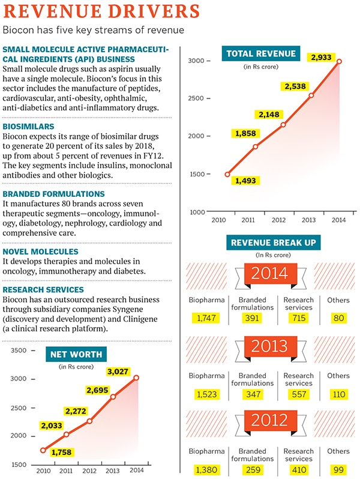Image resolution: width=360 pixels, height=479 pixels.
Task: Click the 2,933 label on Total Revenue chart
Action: click(x=324, y=58)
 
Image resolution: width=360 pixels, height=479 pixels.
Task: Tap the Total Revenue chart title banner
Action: click(x=261, y=53)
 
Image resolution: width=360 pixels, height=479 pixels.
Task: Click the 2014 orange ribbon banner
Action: click(x=269, y=274)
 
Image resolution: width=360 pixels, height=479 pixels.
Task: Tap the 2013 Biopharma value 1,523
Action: click(x=205, y=394)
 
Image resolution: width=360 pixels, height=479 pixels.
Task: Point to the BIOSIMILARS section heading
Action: click(x=28, y=127)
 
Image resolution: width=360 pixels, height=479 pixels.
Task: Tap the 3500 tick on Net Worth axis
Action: click(x=20, y=351)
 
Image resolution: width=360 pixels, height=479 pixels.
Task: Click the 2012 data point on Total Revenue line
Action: click(x=283, y=124)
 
